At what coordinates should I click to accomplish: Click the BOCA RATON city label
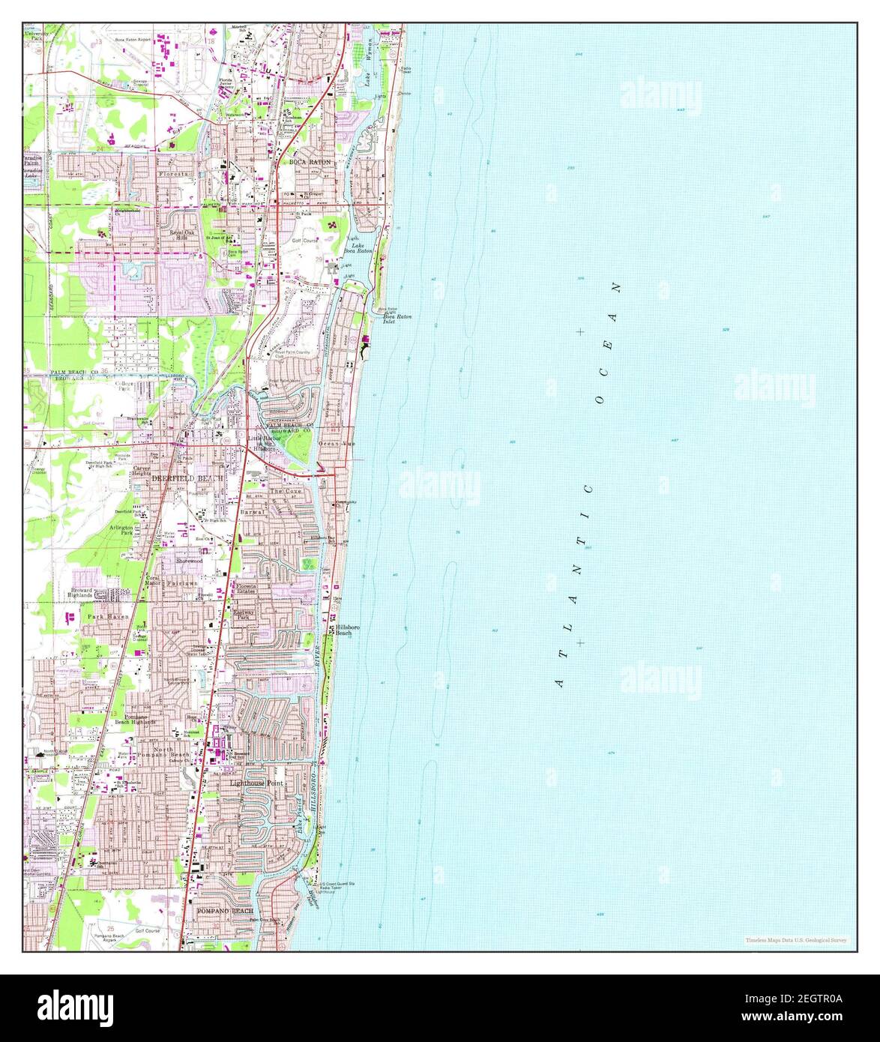tap(310, 162)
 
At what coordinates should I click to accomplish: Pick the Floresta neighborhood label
tap(177, 174)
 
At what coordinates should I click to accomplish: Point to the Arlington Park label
tap(121, 530)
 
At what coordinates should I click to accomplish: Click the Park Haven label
tap(108, 616)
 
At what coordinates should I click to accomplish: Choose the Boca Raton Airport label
tap(133, 37)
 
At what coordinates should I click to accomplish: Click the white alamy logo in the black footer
tap(76, 1006)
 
